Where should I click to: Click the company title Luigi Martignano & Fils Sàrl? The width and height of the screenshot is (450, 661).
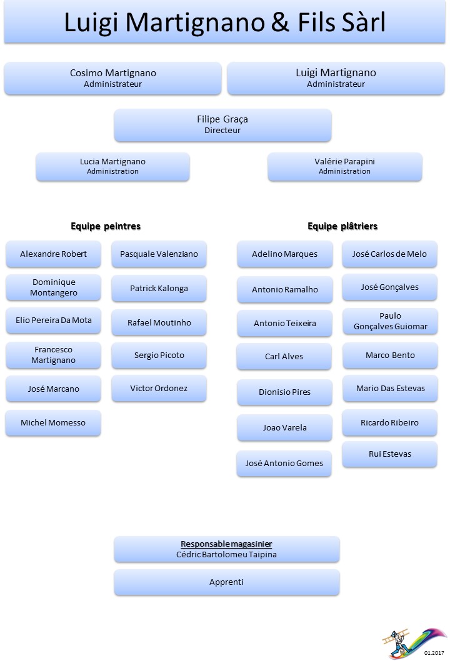point(225,22)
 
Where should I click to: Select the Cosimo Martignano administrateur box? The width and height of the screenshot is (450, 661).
point(112,79)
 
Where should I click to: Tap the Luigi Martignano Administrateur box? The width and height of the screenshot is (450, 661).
point(336,79)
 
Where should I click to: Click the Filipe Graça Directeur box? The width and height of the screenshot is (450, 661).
point(222,125)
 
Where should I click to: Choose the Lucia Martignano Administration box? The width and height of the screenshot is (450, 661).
point(112,167)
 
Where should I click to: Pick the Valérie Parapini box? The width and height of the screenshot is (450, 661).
point(344,167)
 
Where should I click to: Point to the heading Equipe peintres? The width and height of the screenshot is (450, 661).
point(106,226)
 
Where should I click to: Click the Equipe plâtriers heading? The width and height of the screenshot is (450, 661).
point(342,226)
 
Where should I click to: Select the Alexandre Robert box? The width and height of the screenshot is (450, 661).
point(53,254)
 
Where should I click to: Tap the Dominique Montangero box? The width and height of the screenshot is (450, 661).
point(53,287)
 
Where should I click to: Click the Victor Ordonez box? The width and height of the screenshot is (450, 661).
point(159,388)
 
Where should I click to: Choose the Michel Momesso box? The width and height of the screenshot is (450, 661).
point(53,422)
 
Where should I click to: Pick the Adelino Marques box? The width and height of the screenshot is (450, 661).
point(284,254)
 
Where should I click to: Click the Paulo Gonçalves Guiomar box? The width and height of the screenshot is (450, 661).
point(390,321)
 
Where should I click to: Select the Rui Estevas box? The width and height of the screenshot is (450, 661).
point(390,454)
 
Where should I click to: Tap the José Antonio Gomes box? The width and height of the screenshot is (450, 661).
point(284,464)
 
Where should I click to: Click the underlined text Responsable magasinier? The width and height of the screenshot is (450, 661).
point(226,544)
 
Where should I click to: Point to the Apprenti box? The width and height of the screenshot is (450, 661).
point(226,582)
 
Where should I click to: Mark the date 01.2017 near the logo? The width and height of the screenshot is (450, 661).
point(434,653)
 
